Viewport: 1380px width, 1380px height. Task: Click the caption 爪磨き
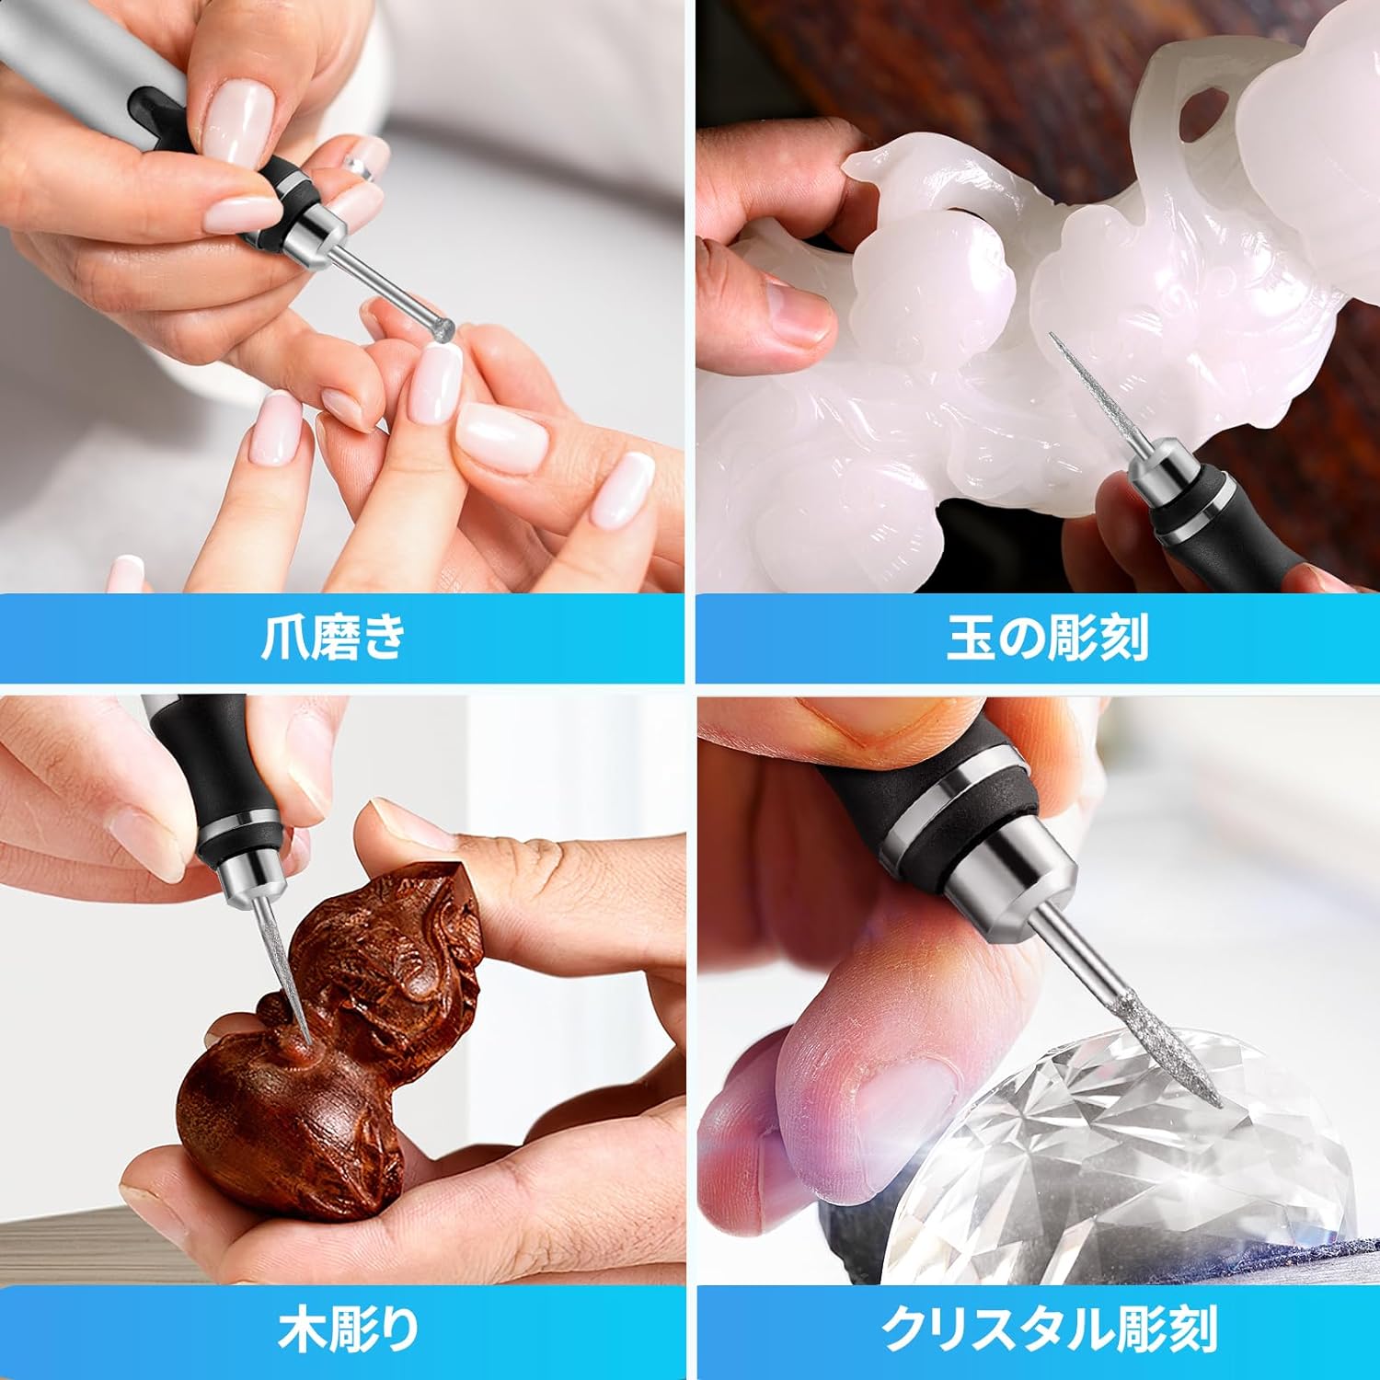point(332,637)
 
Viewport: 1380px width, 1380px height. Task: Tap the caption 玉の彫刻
point(1047,637)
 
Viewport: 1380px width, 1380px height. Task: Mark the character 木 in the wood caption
point(304,1328)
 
